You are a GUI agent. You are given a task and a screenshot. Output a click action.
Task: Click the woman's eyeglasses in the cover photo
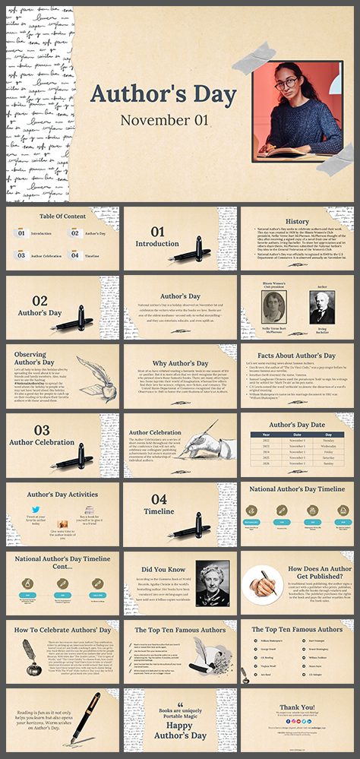285,83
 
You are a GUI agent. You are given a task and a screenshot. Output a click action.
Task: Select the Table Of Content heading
62,216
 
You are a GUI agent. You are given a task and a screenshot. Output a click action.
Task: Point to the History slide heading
297,221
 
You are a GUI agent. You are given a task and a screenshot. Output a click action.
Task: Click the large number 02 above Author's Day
39,300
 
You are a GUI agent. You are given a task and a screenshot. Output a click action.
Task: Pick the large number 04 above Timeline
159,499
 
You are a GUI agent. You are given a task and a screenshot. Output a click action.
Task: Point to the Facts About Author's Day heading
297,356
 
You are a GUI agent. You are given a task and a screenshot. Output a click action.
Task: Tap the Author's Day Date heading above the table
297,424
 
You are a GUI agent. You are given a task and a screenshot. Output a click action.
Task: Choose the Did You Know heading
164,568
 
